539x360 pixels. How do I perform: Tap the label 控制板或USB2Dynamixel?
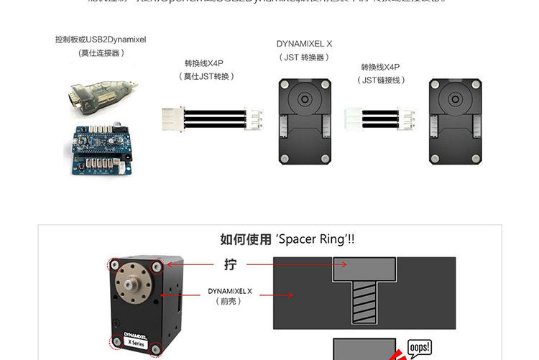[101, 40]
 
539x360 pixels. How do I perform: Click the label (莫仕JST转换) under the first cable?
[208, 76]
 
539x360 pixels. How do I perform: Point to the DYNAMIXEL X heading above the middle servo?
[304, 44]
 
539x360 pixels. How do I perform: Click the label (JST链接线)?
[384, 80]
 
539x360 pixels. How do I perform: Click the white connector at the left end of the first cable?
[173, 118]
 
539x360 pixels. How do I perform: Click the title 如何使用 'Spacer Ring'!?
[287, 239]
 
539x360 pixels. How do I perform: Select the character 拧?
[230, 264]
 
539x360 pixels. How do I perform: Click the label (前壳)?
[229, 302]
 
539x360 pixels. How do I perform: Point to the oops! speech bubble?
[419, 348]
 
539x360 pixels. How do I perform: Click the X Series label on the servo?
[138, 343]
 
